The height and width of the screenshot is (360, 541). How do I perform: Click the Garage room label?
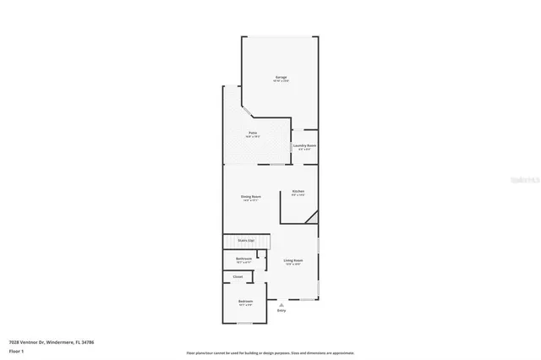pyautogui.click(x=281, y=77)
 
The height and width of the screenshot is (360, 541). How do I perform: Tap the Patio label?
pyautogui.click(x=252, y=133)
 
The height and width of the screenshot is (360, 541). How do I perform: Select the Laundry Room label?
pyautogui.click(x=304, y=145)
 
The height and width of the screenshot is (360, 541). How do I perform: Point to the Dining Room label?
pyautogui.click(x=251, y=196)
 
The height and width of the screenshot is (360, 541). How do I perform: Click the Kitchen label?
pyautogui.click(x=298, y=192)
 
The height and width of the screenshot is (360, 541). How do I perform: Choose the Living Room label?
pyautogui.click(x=292, y=260)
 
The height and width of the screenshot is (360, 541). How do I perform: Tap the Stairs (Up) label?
pyautogui.click(x=245, y=240)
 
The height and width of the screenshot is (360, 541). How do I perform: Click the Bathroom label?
pyautogui.click(x=243, y=259)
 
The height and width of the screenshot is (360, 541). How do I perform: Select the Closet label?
pyautogui.click(x=238, y=276)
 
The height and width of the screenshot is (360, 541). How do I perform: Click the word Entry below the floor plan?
pyautogui.click(x=281, y=311)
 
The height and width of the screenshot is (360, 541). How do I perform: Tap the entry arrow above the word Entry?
pyautogui.click(x=281, y=304)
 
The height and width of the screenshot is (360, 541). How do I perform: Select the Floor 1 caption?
pyautogui.click(x=15, y=351)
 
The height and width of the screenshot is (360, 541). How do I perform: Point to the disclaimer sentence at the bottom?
pyautogui.click(x=270, y=352)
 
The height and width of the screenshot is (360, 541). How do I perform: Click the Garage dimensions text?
pyautogui.click(x=281, y=81)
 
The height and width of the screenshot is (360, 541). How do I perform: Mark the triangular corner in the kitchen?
pyautogui.click(x=313, y=217)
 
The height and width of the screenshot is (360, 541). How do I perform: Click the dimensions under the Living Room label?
pyautogui.click(x=292, y=265)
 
